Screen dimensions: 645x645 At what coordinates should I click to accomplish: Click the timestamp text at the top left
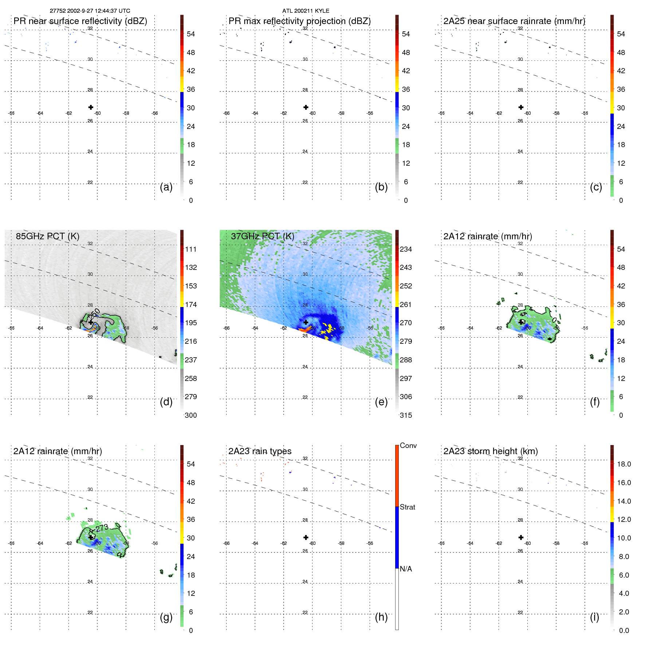(x=90, y=11)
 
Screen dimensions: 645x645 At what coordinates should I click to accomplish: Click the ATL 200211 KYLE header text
(x=306, y=11)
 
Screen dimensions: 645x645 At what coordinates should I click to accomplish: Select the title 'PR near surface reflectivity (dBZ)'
(x=80, y=21)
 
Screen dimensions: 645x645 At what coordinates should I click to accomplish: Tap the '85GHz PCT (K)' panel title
(x=47, y=236)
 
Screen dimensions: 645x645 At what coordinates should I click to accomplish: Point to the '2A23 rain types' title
(x=260, y=451)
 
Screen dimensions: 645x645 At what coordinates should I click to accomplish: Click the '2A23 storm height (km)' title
(x=490, y=451)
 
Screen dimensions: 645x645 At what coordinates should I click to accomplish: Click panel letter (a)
(x=166, y=187)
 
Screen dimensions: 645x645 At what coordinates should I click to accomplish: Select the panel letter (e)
(x=381, y=402)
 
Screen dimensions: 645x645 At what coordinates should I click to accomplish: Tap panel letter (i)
(x=594, y=617)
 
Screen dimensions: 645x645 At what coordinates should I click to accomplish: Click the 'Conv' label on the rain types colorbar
(x=408, y=445)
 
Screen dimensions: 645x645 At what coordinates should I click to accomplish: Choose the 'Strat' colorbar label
(x=407, y=507)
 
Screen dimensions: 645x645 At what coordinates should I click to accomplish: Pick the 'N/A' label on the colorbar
(x=406, y=569)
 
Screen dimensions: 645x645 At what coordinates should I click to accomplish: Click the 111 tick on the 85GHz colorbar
(x=190, y=249)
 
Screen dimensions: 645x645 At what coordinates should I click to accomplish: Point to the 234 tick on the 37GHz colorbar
(x=406, y=249)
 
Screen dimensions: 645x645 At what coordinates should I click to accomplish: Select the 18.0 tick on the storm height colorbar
(x=624, y=464)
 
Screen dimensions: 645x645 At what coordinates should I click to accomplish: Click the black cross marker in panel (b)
(x=306, y=107)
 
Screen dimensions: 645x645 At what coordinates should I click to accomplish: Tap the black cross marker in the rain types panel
(x=306, y=537)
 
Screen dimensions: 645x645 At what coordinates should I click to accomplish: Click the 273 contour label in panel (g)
(x=102, y=528)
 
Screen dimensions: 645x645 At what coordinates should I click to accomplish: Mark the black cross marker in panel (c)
(x=521, y=107)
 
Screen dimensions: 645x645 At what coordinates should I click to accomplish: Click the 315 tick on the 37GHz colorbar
(x=406, y=415)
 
